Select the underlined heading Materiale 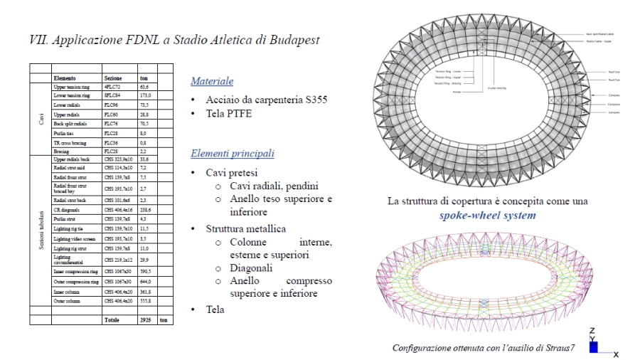212,81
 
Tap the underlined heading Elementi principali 233,153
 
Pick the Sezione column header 113,77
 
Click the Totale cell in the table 113,321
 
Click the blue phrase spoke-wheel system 488,214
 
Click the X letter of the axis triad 616,354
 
